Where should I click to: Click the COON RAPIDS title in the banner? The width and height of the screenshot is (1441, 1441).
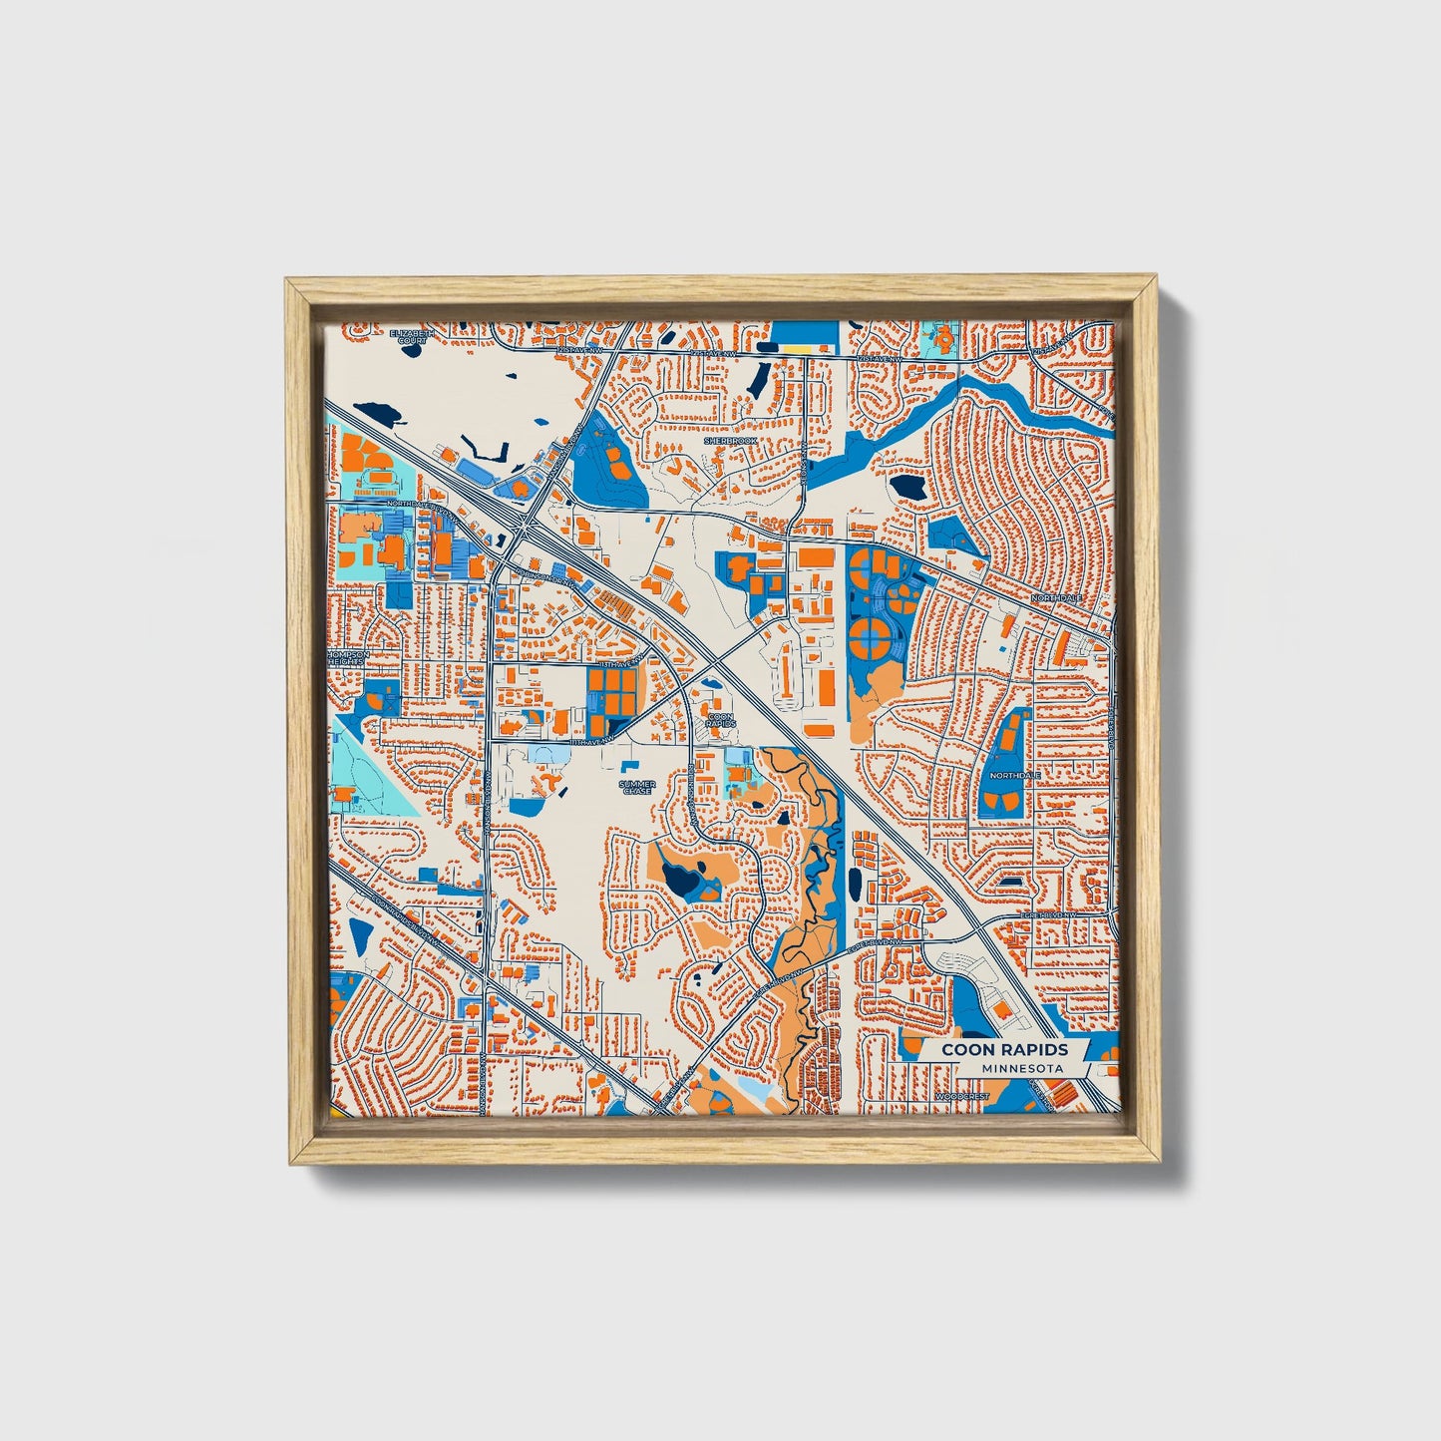coord(1005,1049)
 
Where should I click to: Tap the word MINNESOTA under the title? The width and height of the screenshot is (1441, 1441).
coord(1021,1068)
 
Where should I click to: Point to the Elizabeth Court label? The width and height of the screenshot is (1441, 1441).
coord(412,336)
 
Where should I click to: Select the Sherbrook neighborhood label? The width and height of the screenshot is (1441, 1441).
coord(730,440)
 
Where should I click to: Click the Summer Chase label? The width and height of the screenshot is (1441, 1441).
coord(637,788)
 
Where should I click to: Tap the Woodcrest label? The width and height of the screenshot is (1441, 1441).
coord(962,1096)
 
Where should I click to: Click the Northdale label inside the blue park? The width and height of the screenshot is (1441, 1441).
coord(1015,775)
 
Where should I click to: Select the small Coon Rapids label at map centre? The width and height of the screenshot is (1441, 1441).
coord(720,719)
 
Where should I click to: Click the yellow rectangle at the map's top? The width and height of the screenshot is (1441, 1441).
coord(800,348)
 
